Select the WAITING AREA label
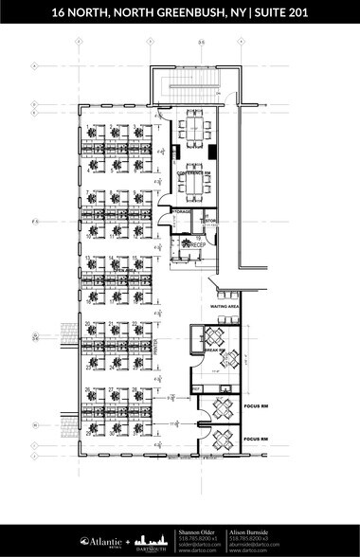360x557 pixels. (x=224, y=308)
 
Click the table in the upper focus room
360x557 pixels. (x=223, y=408)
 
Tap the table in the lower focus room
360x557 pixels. (x=223, y=439)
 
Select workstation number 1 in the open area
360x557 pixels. (x=88, y=127)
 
